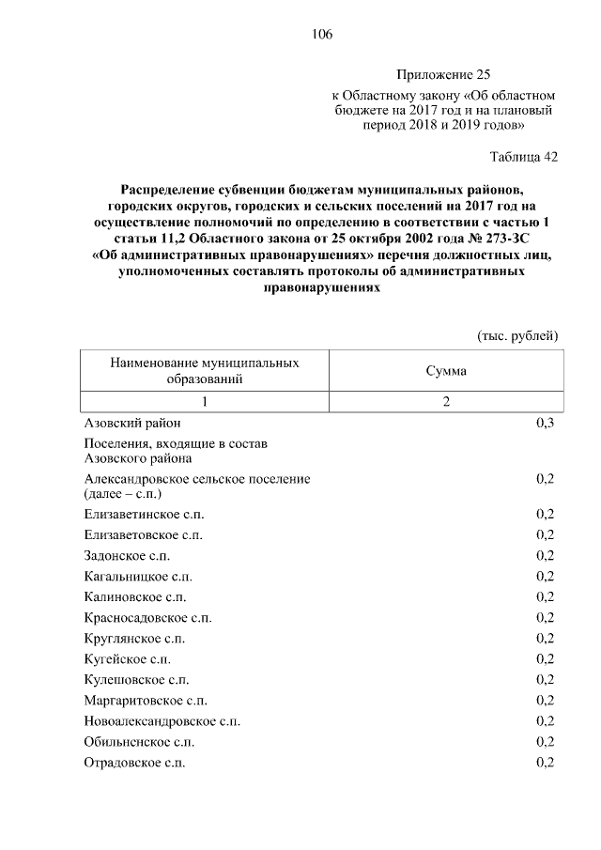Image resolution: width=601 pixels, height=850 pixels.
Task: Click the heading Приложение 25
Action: [x=443, y=74]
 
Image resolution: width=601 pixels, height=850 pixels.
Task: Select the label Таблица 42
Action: [x=524, y=157]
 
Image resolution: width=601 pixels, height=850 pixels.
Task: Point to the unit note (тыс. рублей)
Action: [x=518, y=334]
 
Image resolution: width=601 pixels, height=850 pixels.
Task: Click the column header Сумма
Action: [x=446, y=371]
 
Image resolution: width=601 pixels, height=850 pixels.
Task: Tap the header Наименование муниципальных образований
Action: [x=205, y=371]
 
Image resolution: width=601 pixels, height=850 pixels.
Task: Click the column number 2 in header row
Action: [x=446, y=402]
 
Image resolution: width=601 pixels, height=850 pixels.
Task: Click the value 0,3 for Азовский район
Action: [x=545, y=424]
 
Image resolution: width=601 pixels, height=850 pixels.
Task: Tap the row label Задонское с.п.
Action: [x=120, y=555]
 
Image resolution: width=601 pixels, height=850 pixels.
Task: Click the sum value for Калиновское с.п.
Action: [x=545, y=596]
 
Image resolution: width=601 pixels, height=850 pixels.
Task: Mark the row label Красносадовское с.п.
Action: [x=147, y=617]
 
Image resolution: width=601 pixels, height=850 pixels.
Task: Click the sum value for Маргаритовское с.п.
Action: [x=545, y=700]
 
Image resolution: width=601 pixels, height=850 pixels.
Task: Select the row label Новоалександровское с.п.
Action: [x=162, y=720]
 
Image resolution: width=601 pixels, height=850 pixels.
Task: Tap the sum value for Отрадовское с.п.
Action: [x=545, y=762]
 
